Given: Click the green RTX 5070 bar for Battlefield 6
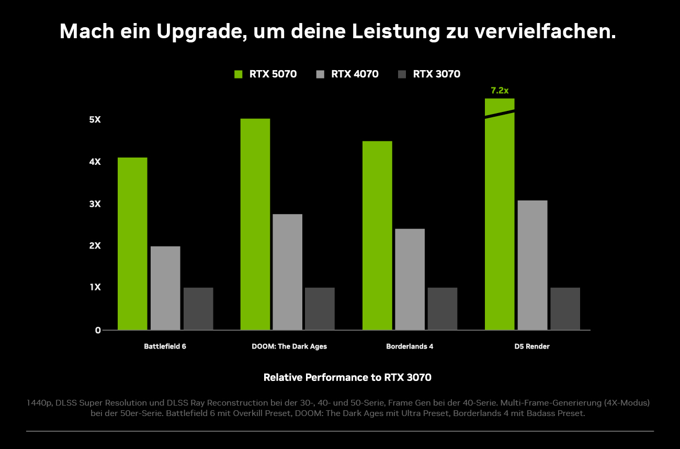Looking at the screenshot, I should coord(132,243).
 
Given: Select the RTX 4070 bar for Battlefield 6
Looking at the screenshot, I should coord(165,288).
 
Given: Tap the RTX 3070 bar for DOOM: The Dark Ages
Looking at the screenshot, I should coord(320,309).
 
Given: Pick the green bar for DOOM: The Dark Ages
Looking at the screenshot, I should coord(255,224).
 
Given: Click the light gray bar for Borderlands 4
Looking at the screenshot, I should coord(410,279).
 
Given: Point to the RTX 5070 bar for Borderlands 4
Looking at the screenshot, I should coord(377,235).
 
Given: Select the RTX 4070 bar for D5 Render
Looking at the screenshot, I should coord(532,265).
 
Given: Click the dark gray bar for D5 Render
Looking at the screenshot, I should coord(565,309).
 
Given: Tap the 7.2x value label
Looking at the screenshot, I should coord(500,91).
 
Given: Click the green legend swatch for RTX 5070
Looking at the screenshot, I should coord(239,74).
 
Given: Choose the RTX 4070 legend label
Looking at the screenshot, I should coord(355,74).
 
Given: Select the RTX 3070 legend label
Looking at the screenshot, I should coord(436,74).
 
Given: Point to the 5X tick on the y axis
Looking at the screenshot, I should coord(95,120).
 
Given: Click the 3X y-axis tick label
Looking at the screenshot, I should coord(95,204).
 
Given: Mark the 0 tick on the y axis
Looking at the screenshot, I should coord(98,330).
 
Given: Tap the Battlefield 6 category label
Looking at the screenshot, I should coord(165,346).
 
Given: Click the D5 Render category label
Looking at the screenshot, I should coord(532,346).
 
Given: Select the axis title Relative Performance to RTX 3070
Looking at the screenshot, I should coord(347,377).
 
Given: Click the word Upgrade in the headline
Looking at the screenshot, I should coord(201,32).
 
